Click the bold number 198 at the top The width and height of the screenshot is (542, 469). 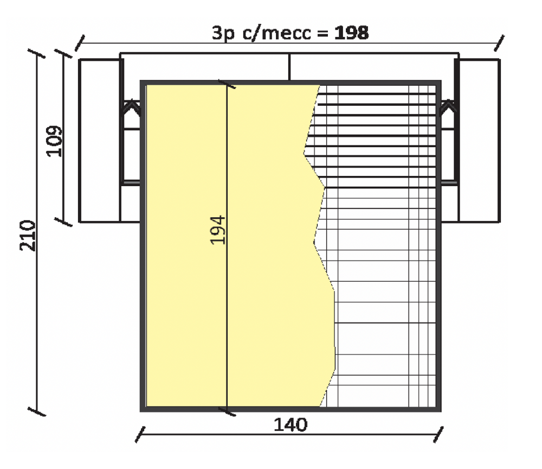[x=352, y=33]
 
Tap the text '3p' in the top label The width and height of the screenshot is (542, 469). [x=223, y=34]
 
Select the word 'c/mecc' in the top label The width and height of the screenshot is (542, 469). [x=277, y=33]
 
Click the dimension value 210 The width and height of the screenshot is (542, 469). [x=28, y=236]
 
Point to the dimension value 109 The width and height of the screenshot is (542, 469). [x=55, y=141]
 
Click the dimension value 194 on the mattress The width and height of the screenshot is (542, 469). [x=218, y=230]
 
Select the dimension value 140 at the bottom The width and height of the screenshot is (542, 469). [x=291, y=424]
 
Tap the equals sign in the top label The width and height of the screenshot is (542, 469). [x=322, y=34]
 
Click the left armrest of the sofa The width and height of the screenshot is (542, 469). [x=100, y=141]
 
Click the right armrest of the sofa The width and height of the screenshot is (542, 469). [x=480, y=141]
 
